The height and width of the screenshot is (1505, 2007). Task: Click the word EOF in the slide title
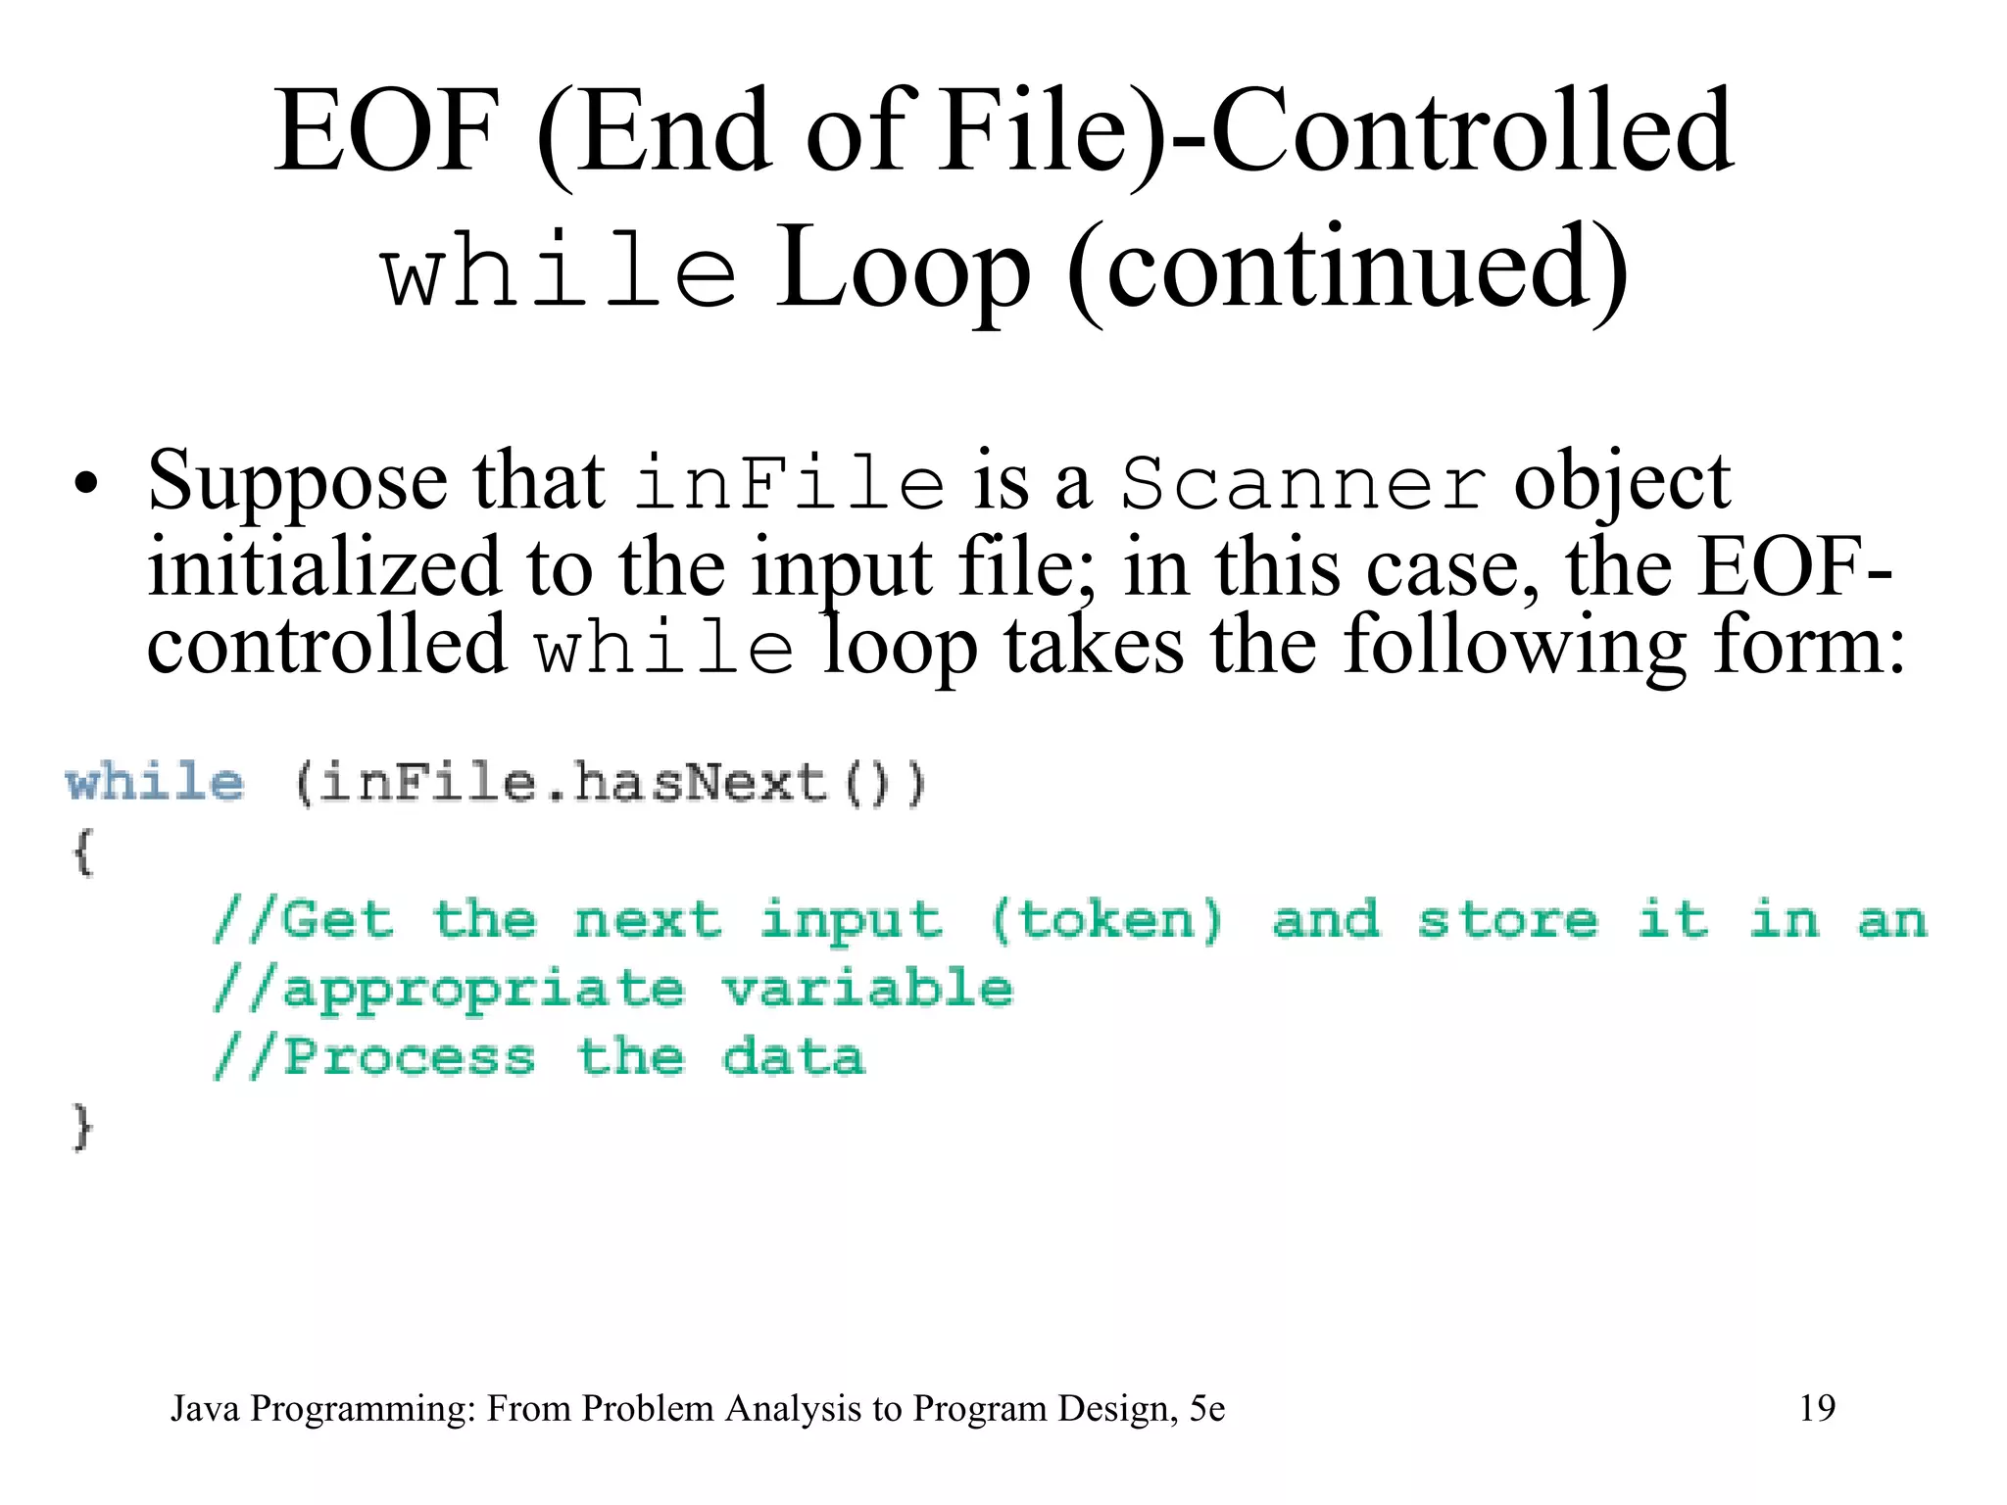385,132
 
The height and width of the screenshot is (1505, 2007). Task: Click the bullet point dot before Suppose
86,484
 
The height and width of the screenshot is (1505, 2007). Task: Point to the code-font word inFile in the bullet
790,483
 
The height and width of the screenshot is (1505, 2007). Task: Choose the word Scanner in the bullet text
1303,485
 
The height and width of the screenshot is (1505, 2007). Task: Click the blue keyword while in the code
155,784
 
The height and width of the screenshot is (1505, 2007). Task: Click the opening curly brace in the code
82,851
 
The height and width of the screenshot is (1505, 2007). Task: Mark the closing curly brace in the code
82,1126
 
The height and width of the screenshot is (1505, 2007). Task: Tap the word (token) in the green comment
1107,921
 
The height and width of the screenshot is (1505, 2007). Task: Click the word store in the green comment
1507,921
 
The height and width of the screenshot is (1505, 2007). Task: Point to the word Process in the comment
410,1057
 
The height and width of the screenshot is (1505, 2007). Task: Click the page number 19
1817,1408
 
